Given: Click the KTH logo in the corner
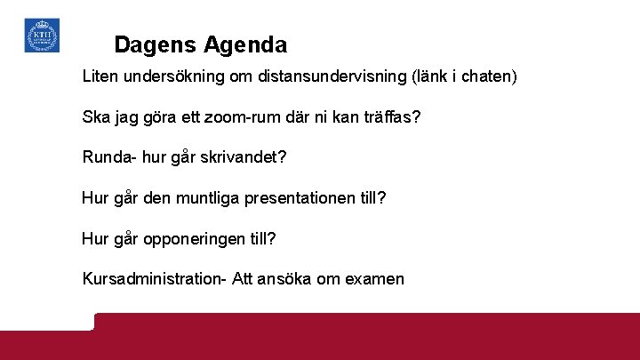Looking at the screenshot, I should click(x=42, y=36).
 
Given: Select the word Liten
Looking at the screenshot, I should click(x=100, y=76).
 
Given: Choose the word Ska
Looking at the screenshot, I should click(x=96, y=117).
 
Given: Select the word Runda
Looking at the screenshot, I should click(x=105, y=157).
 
